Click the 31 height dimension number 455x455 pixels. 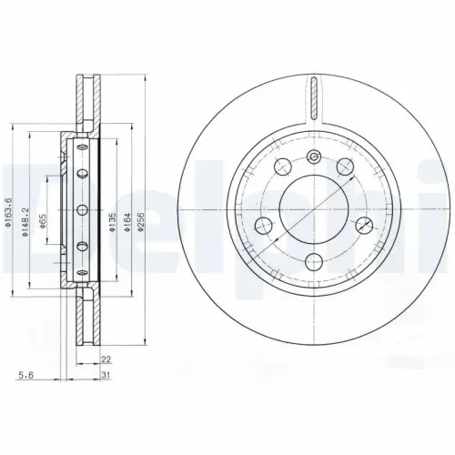click(x=106, y=375)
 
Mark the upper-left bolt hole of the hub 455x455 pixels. click(x=281, y=167)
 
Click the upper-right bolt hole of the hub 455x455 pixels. click(x=346, y=167)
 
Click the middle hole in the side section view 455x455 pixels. click(x=81, y=210)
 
